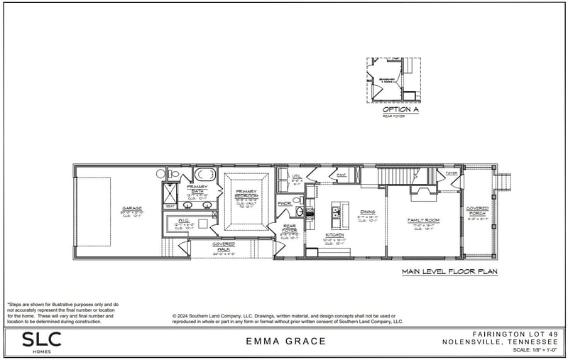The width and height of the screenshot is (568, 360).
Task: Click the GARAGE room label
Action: point(132,209)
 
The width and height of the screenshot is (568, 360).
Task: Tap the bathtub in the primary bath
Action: point(204,174)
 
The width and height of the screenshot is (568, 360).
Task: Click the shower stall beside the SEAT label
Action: point(171,192)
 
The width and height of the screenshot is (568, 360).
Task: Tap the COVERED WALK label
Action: point(224,246)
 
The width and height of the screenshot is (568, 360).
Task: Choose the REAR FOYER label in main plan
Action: point(289,230)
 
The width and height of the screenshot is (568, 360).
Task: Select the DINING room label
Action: point(367,212)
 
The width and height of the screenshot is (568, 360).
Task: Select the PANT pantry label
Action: point(342,173)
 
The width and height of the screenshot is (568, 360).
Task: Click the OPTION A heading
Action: point(400,109)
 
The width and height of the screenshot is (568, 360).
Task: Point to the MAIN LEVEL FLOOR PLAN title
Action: point(449,271)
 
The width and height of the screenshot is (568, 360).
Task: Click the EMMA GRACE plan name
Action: point(285,342)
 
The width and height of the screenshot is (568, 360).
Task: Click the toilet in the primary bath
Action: point(174,173)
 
